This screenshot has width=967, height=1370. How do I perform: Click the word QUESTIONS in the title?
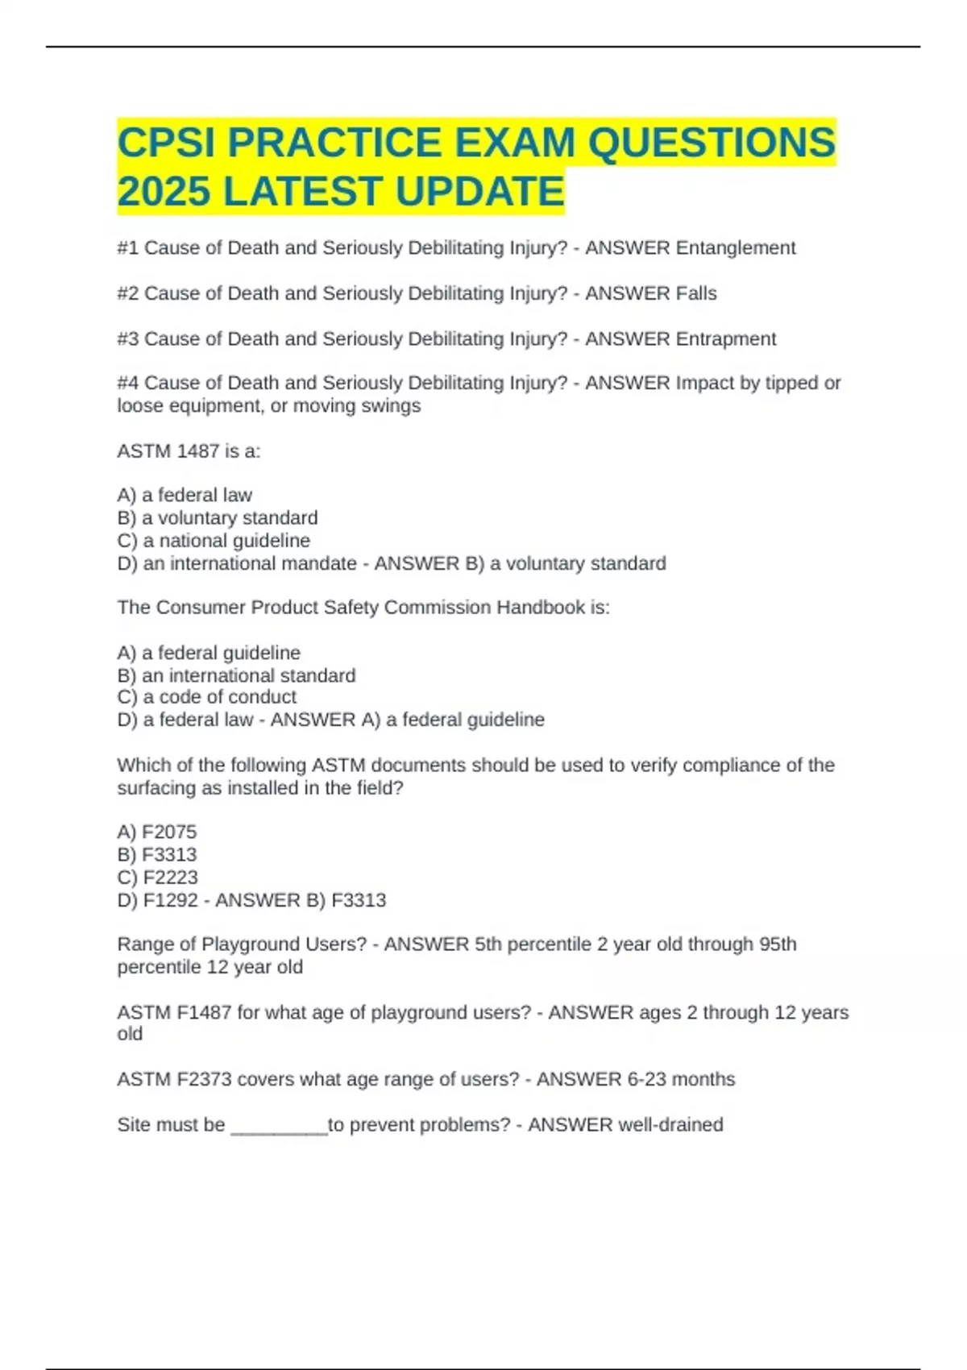[712, 143]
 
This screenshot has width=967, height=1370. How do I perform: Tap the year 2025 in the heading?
[164, 192]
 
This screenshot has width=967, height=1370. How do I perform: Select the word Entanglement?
[735, 248]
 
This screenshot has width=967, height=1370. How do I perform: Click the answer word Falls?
[696, 293]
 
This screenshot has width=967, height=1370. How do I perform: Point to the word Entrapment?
[725, 338]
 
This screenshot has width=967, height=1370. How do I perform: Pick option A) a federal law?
[185, 495]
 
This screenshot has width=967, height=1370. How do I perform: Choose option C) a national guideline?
[214, 540]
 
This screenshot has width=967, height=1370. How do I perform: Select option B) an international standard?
[236, 675]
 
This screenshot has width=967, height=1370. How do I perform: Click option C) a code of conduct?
[206, 697]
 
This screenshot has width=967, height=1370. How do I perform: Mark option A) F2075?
[156, 832]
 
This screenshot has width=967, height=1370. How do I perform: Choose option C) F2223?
[157, 877]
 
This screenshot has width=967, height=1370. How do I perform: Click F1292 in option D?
[170, 899]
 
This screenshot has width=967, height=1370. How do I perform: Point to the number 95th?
[777, 944]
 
